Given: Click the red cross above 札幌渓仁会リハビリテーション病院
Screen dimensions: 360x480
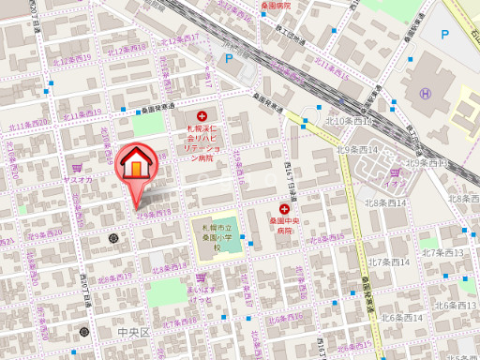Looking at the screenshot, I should click(x=202, y=117).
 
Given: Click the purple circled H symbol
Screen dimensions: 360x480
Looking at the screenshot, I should click(x=427, y=93).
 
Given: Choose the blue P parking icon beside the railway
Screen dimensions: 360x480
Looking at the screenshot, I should click(x=227, y=57).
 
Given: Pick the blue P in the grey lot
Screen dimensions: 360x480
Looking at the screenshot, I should click(x=444, y=34).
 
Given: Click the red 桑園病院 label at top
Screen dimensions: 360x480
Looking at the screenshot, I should click(x=277, y=5).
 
